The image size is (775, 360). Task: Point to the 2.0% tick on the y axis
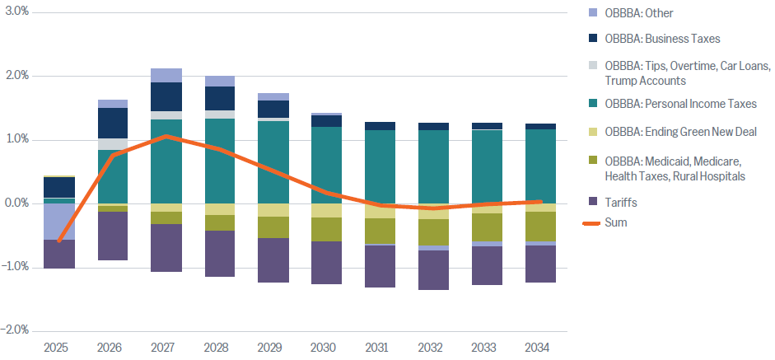coord(17,76)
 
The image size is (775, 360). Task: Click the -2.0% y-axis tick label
coord(16,330)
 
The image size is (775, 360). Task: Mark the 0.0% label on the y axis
coord(17,203)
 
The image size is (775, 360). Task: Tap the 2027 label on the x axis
coord(166,348)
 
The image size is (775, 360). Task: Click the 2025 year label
coord(59,348)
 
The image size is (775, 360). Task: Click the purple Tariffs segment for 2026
coord(113,236)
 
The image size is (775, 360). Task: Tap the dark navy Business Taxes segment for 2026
coord(113,123)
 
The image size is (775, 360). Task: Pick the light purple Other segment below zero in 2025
coord(59,222)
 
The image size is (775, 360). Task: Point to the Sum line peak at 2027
coord(166,136)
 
